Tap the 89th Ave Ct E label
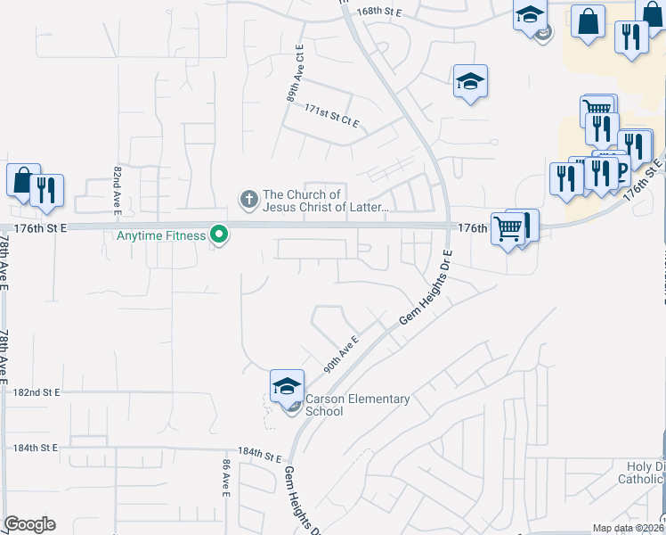point(295,74)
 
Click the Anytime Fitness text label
point(160,236)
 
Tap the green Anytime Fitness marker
point(218,236)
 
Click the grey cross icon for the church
point(248,197)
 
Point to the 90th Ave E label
point(340,353)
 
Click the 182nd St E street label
point(37,392)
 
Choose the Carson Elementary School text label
point(357,405)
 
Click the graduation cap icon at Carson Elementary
point(287,385)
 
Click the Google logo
point(29,524)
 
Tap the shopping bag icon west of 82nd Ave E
point(21,179)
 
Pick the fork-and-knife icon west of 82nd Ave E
point(45,189)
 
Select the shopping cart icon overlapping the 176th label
point(507,229)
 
